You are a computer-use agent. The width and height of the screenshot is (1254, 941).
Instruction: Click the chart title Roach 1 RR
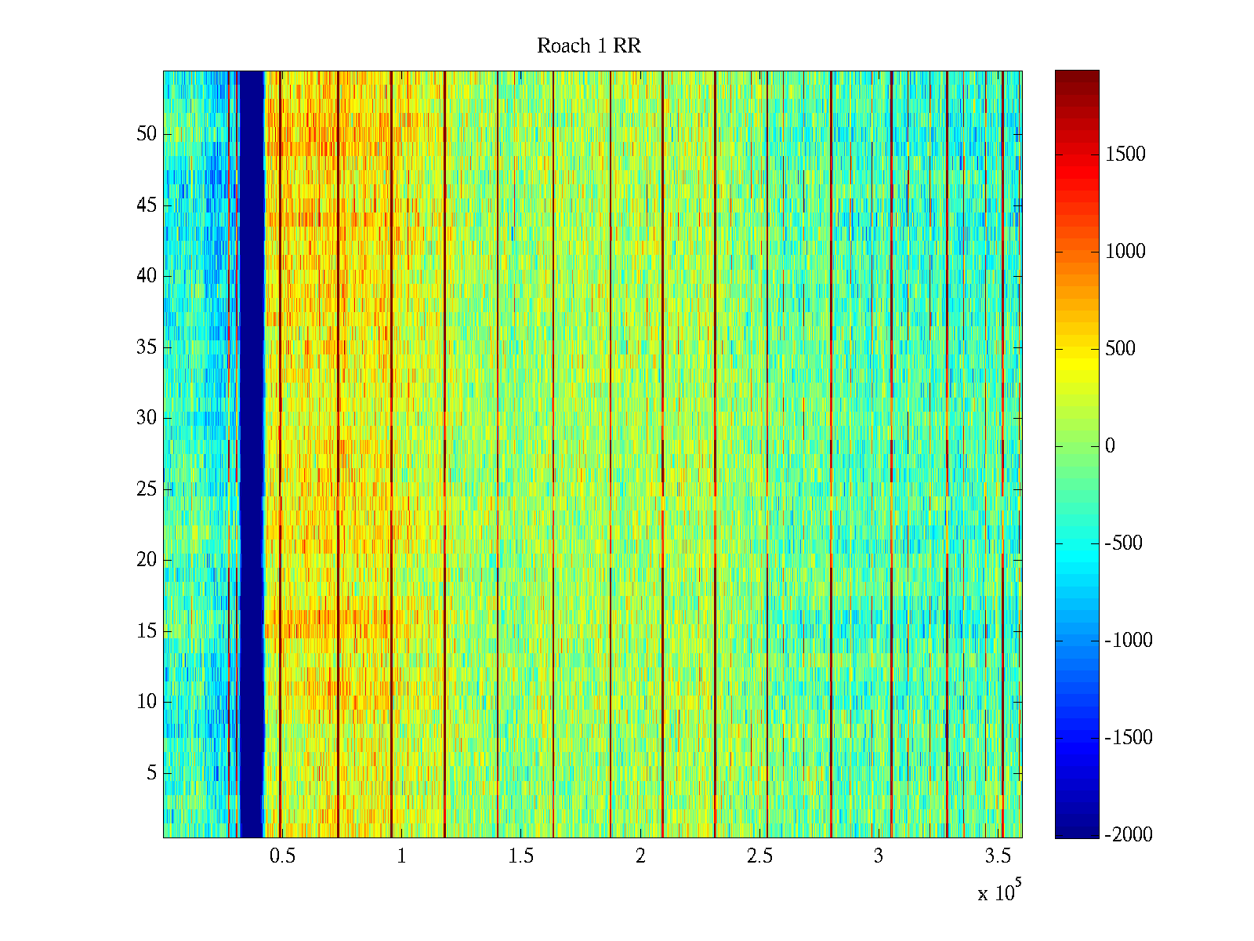[x=589, y=46]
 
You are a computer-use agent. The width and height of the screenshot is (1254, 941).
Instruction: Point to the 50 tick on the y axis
[x=147, y=134]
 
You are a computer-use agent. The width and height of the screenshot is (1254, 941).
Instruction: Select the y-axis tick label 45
[x=147, y=205]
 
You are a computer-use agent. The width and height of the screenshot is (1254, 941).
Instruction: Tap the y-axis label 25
[x=147, y=489]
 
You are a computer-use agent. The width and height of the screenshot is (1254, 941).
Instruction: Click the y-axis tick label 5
[x=151, y=773]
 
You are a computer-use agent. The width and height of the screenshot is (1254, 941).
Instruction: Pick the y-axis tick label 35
[x=147, y=347]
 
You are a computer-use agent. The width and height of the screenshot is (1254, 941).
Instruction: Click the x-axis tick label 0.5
[x=282, y=856]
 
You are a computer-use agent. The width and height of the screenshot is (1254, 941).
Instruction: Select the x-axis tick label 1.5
[x=520, y=856]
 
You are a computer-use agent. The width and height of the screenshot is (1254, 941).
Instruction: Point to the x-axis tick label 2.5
[x=759, y=856]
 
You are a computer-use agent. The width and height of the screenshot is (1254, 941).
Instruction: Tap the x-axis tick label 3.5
[x=997, y=856]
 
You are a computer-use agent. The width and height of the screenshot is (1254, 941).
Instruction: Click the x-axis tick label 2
[x=640, y=856]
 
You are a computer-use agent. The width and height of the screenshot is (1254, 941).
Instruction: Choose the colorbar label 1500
[x=1125, y=154]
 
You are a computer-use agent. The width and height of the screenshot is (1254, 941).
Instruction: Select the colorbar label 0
[x=1110, y=446]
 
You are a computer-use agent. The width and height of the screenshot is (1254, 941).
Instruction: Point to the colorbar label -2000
[x=1129, y=835]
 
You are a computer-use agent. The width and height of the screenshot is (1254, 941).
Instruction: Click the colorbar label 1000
[x=1125, y=252]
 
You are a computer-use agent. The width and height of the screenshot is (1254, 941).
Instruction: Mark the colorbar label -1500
[x=1129, y=738]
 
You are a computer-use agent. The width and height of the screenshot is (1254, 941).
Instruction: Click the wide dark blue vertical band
[x=251, y=455]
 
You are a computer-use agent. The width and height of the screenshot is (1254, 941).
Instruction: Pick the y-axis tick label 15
[x=147, y=631]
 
